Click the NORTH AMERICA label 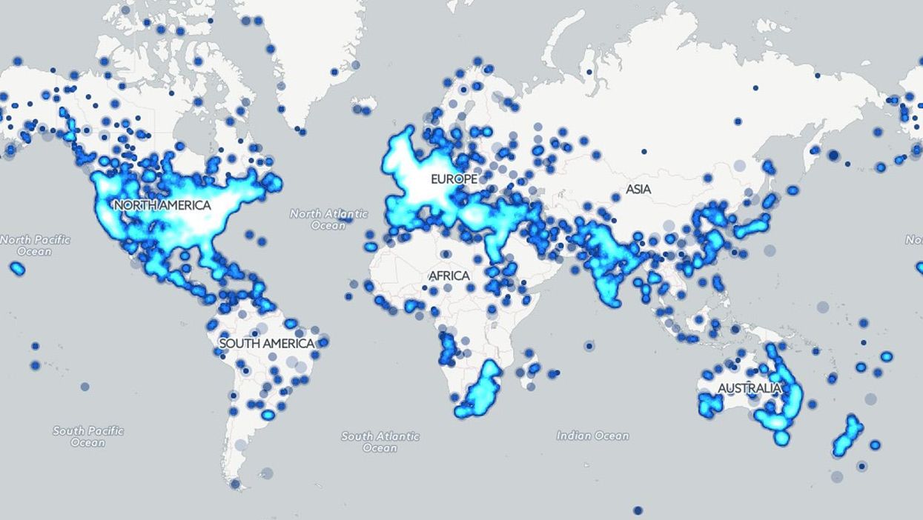pos(162,204)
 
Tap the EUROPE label pos(454,179)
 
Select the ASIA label pos(638,189)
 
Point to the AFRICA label pos(449,276)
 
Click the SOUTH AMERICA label pos(267,343)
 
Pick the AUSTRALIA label pos(749,388)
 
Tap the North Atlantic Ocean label pos(328,219)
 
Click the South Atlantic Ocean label pos(380,441)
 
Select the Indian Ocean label pos(592,436)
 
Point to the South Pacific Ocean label pos(88,436)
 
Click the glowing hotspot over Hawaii pos(17,268)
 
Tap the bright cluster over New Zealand pos(848,437)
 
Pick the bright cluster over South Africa pos(480,389)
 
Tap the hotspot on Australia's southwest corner pos(709,404)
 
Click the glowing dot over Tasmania pos(781,438)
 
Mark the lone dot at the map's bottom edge pos(638,510)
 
